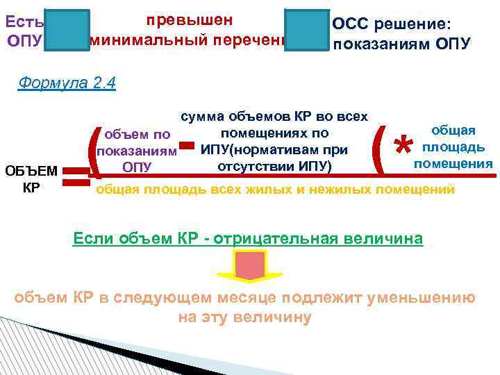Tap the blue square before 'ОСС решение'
tap(306, 31)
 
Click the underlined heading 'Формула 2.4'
tap(67, 83)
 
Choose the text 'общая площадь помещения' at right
tap(453, 147)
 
